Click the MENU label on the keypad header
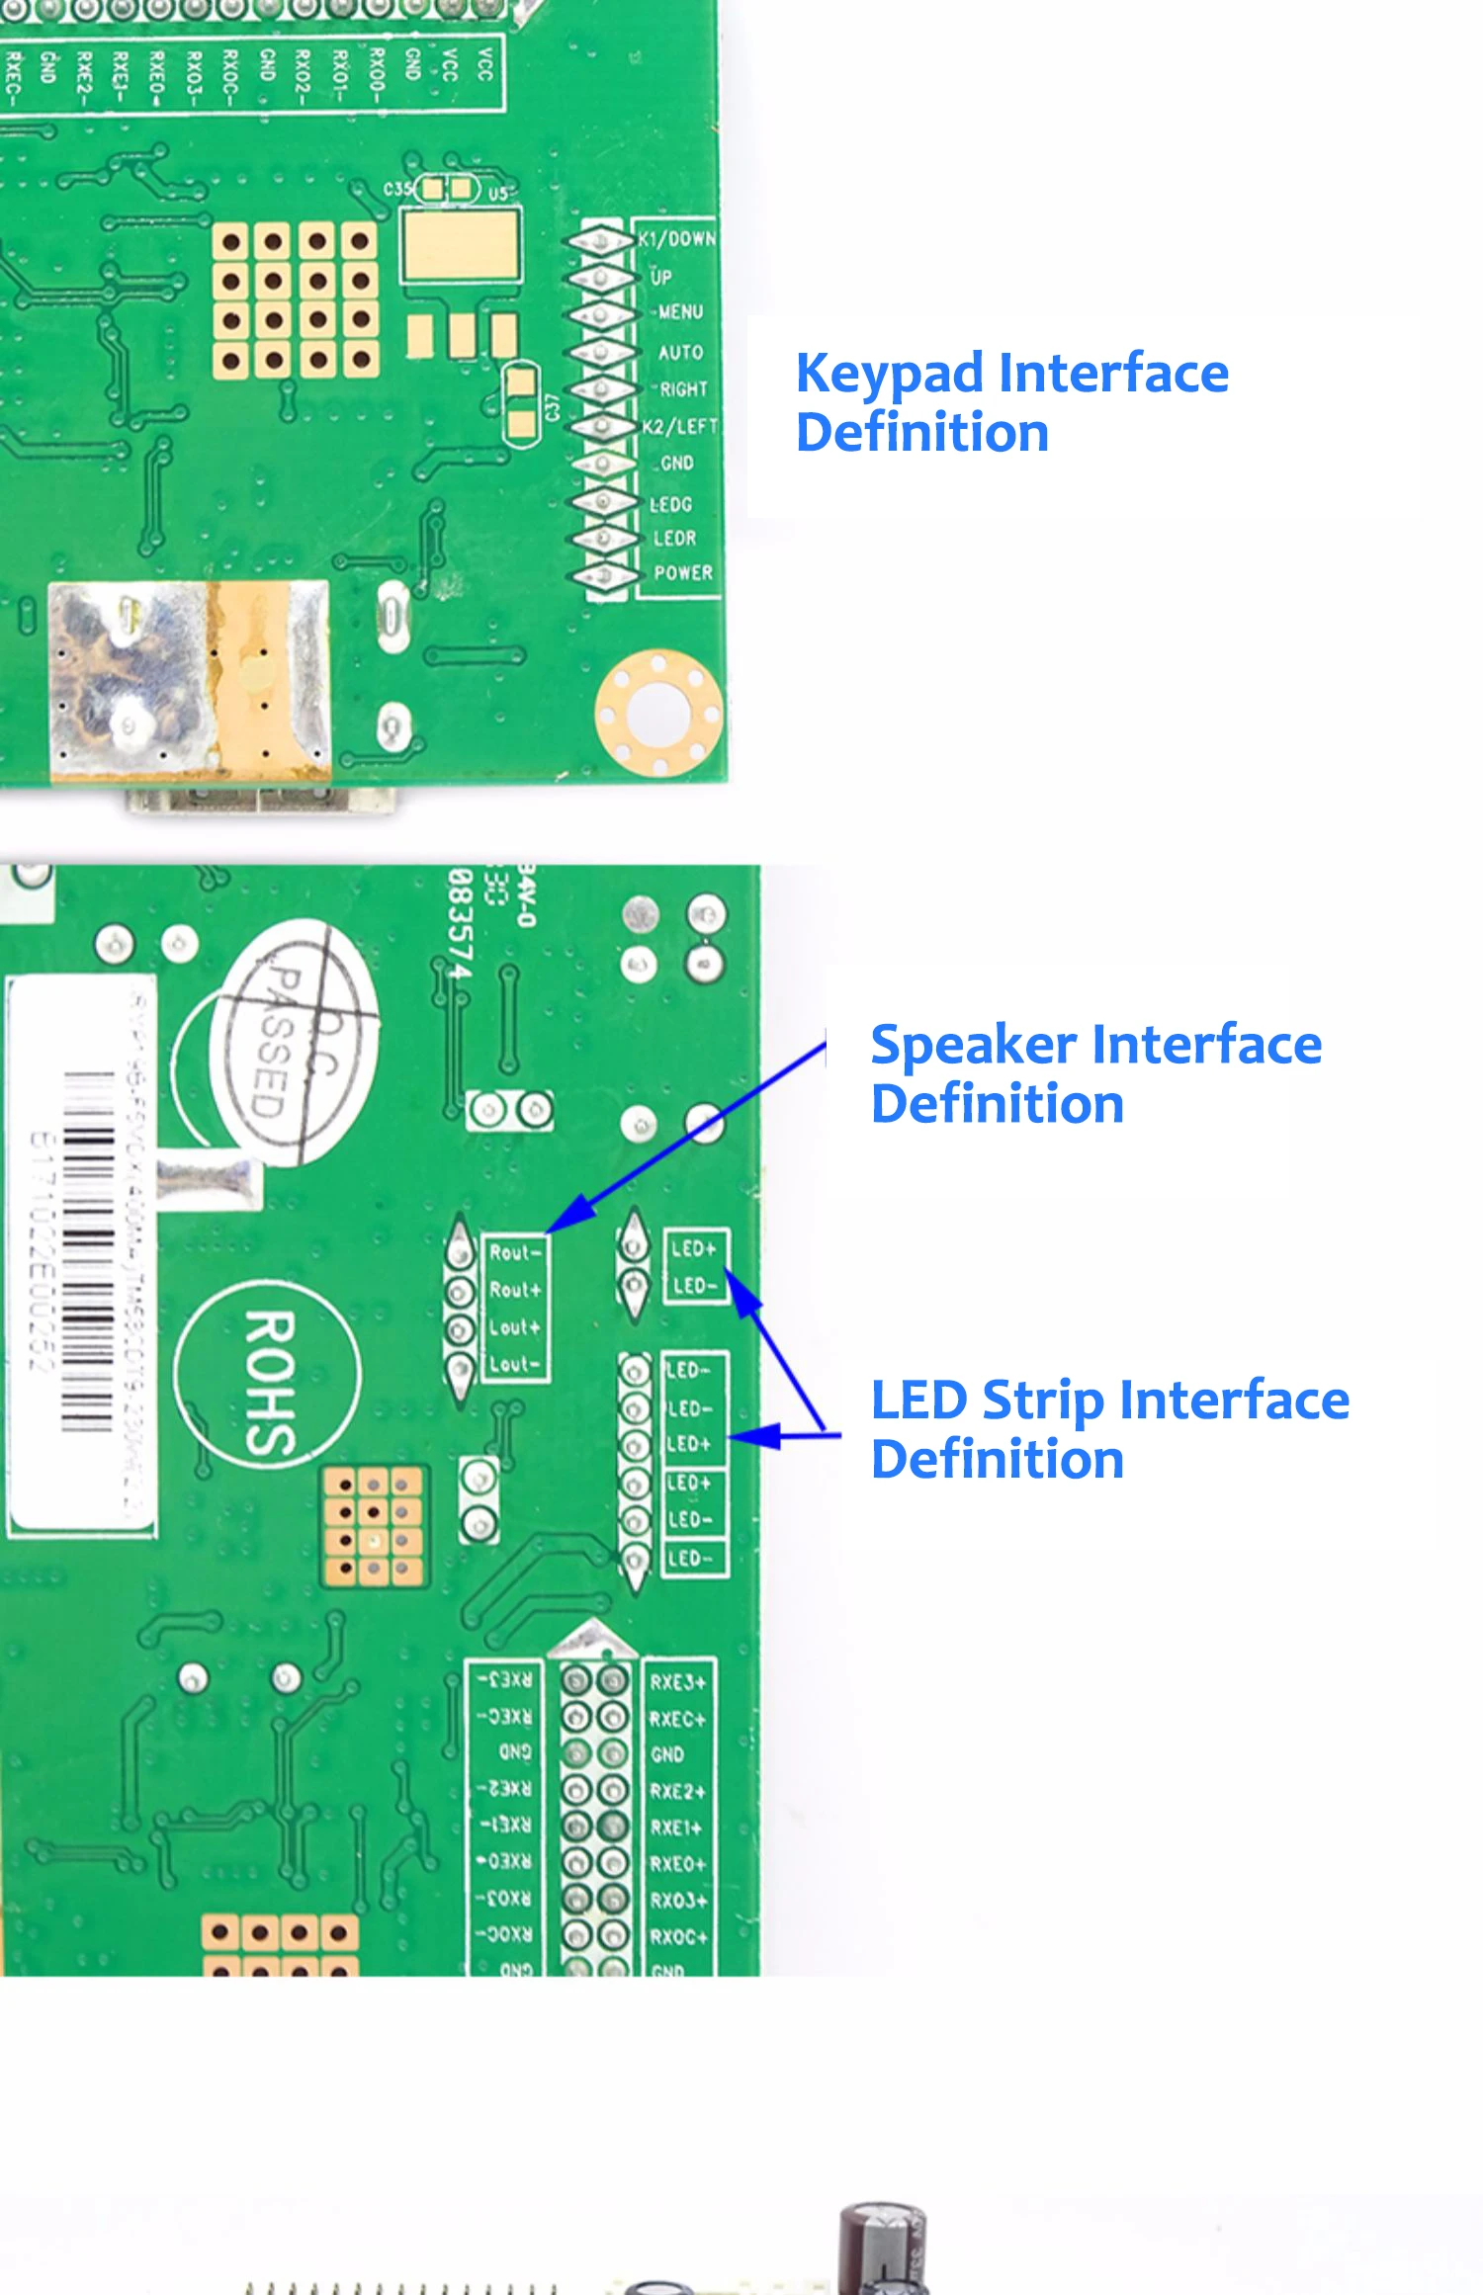click(x=680, y=312)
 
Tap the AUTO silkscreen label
click(x=680, y=352)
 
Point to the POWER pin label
click(x=682, y=572)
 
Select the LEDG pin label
click(x=670, y=504)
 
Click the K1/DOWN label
click(x=676, y=239)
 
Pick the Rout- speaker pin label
click(x=514, y=1252)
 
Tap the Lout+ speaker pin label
click(x=514, y=1327)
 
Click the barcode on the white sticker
click(x=89, y=1250)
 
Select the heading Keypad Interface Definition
click(x=1011, y=402)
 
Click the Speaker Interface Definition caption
click(x=1095, y=1073)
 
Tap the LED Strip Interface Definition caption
click(x=1109, y=1429)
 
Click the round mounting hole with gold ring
click(x=657, y=712)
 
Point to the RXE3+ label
click(x=677, y=1682)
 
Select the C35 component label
click(x=397, y=189)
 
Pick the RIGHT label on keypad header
click(x=683, y=389)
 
